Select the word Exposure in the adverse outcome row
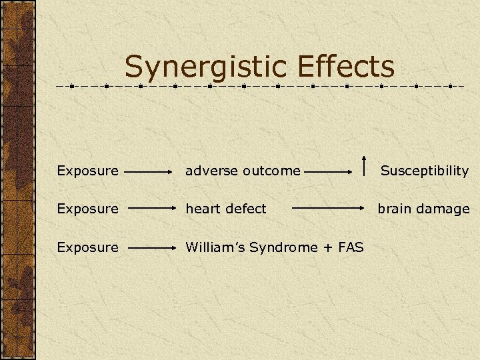tap(87, 171)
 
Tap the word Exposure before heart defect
tap(87, 209)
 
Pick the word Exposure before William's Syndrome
tap(87, 247)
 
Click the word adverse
tap(211, 171)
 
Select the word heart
tap(202, 209)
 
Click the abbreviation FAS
tap(350, 247)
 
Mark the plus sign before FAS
tap(327, 248)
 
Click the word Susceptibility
tap(425, 171)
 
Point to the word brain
tap(395, 209)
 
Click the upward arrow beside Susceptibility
tap(364, 165)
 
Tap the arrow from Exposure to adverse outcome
tap(150, 171)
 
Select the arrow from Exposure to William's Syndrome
tap(150, 247)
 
